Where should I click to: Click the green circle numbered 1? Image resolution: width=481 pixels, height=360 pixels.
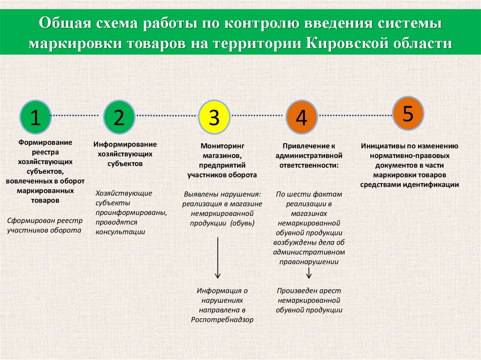tap(35, 116)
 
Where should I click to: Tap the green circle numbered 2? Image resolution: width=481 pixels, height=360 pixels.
tap(119, 116)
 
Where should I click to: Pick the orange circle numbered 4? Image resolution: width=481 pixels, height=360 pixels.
tap(301, 117)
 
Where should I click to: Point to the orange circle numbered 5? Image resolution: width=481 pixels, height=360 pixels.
tap(408, 113)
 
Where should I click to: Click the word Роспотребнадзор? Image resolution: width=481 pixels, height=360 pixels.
tap(222, 320)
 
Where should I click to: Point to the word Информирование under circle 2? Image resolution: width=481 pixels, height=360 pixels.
tap(125, 145)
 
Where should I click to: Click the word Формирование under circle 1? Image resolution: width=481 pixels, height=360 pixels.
tap(45, 142)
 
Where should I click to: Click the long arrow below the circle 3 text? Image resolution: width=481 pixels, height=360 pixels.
tap(218, 258)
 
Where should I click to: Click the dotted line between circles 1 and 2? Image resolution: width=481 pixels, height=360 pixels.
tap(77, 115)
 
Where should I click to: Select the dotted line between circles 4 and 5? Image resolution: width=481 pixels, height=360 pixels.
tap(355, 115)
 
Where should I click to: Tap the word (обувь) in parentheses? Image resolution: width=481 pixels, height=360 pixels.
tap(242, 223)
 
